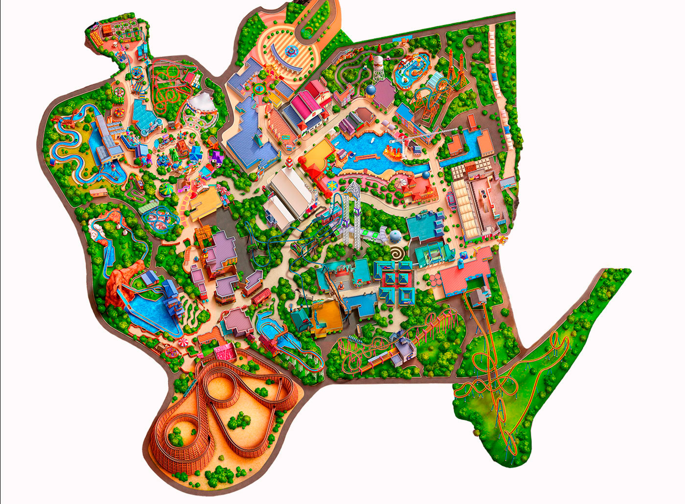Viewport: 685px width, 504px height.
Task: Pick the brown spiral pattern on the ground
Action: [x=397, y=254]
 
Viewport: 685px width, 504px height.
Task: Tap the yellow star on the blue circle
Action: [x=333, y=185]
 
